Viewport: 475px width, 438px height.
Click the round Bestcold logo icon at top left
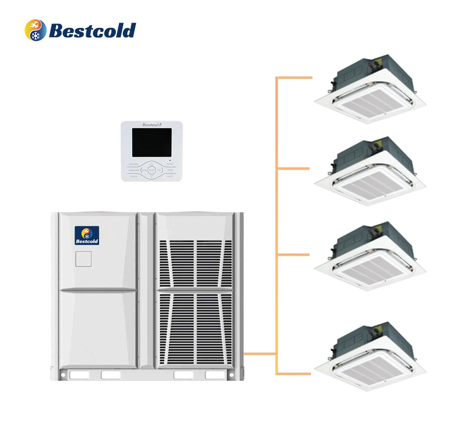pyautogui.click(x=35, y=30)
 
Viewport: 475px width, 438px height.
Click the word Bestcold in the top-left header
pyautogui.click(x=92, y=30)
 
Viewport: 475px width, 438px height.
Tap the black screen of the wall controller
pyautogui.click(x=152, y=143)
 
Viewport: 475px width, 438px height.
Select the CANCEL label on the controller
pyautogui.click(x=134, y=176)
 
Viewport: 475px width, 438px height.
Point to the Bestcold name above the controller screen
pyautogui.click(x=152, y=125)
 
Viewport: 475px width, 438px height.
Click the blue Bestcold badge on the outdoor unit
pyautogui.click(x=87, y=235)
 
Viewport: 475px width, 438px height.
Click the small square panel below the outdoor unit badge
pyautogui.click(x=83, y=259)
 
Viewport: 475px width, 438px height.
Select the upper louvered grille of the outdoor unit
pyautogui.click(x=196, y=263)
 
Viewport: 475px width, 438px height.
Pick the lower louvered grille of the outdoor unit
pyautogui.click(x=196, y=328)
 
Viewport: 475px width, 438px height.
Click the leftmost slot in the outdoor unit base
pyautogui.click(x=79, y=375)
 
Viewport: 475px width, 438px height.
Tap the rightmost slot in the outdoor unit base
pyautogui.click(x=215, y=375)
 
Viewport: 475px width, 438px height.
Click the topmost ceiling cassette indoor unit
pyautogui.click(x=371, y=91)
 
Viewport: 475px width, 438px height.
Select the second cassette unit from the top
pyautogui.click(x=371, y=173)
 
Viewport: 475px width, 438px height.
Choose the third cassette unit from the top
pyautogui.click(x=371, y=258)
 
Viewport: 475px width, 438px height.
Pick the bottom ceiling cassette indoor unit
pyautogui.click(x=371, y=358)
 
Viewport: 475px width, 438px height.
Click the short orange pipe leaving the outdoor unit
pyautogui.click(x=260, y=354)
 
